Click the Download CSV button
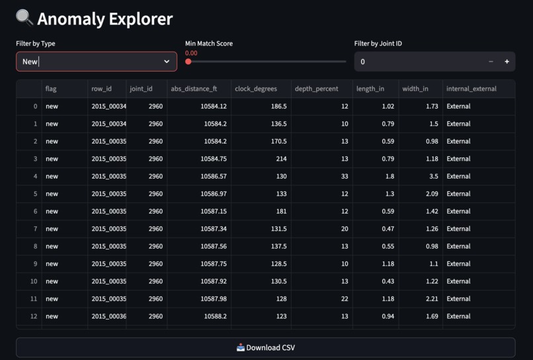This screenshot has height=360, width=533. [x=265, y=347]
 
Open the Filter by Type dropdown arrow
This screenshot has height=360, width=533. [x=167, y=62]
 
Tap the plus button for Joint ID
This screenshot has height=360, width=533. [x=507, y=62]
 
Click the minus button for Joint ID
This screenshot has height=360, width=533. [x=491, y=62]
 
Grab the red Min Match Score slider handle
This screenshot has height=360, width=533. [x=188, y=62]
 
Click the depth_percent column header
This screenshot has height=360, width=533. [x=316, y=89]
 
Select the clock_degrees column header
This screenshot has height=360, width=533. [x=256, y=89]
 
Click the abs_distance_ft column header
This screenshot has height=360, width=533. [x=194, y=89]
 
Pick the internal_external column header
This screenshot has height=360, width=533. [x=471, y=89]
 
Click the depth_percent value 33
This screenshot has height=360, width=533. [x=345, y=176]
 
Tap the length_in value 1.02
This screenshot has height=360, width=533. [x=388, y=106]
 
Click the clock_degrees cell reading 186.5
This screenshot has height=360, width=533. [x=278, y=106]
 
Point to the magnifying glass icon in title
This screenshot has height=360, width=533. [x=24, y=18]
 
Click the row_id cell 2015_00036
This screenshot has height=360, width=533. [x=108, y=316]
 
